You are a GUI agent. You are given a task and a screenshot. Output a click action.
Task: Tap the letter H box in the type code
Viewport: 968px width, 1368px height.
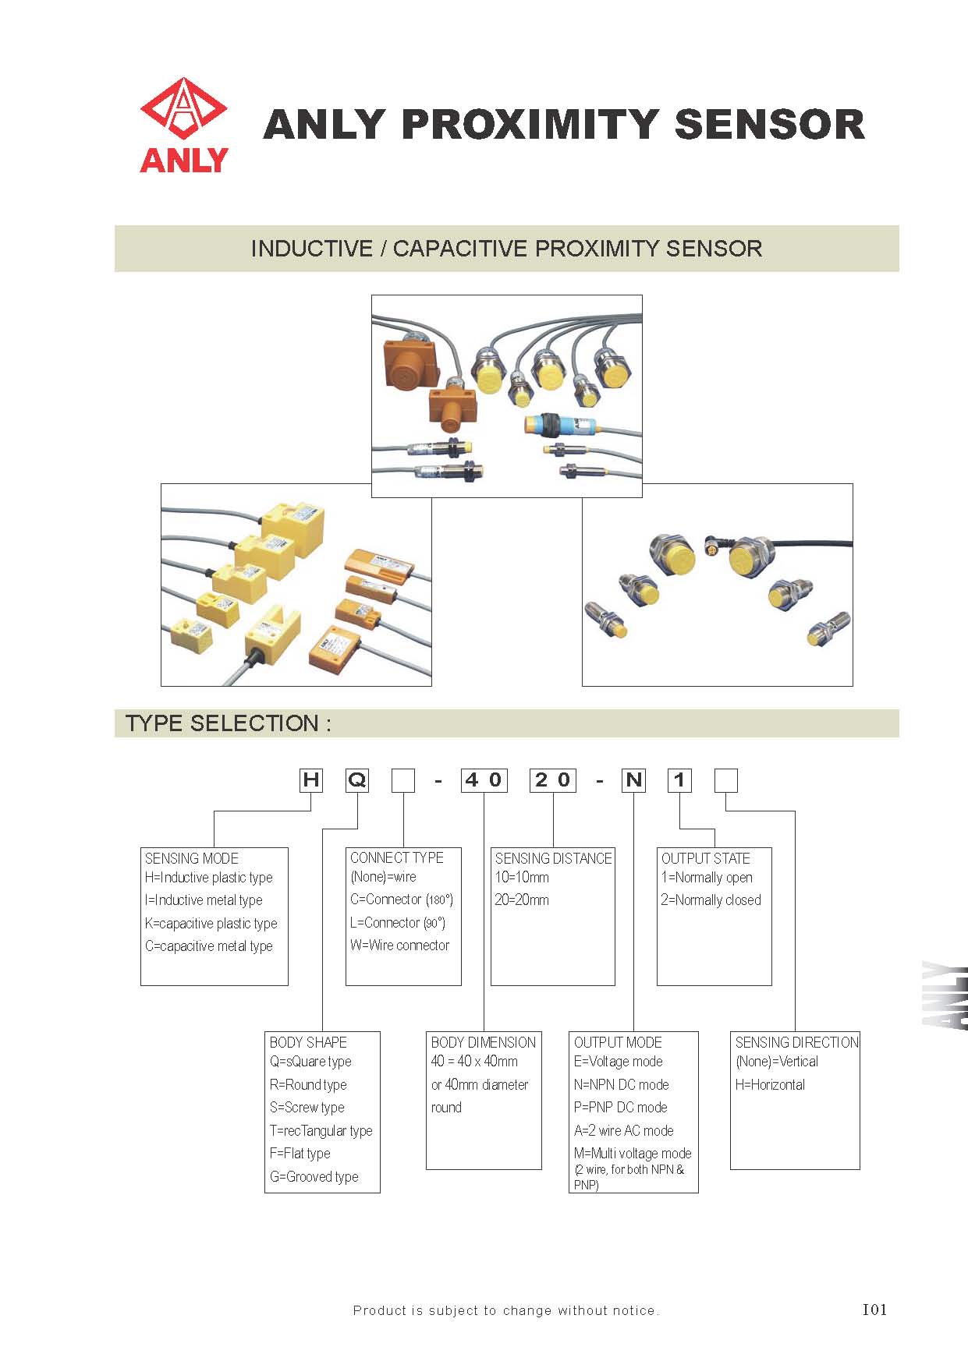[x=311, y=780]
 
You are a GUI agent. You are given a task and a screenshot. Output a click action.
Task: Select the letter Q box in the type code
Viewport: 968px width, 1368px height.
[x=357, y=780]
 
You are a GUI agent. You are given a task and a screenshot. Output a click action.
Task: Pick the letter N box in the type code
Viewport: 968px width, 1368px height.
[x=633, y=780]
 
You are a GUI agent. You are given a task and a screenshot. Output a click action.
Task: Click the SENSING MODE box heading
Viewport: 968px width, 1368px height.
[x=192, y=858]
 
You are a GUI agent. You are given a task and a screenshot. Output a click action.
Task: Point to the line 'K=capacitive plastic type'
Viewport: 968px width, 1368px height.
[x=211, y=924]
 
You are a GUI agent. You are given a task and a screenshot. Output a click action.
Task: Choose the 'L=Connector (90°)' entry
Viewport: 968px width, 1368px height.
[x=397, y=923]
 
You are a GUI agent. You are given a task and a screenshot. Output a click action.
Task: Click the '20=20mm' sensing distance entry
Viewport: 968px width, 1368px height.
[x=522, y=900]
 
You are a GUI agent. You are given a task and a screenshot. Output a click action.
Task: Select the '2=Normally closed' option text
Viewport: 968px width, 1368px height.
[x=711, y=900]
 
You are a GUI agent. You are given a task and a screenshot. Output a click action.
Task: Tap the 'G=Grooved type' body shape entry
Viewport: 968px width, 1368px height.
[x=314, y=1177]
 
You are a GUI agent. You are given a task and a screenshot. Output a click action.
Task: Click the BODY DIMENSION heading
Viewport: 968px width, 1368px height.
[x=483, y=1042]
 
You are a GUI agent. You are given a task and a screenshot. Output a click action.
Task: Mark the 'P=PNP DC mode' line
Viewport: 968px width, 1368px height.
[x=621, y=1108]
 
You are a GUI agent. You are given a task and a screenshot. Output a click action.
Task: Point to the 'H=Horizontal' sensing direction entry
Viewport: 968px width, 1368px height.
[x=770, y=1085]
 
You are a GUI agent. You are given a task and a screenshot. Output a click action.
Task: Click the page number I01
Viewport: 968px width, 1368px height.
[x=874, y=1310]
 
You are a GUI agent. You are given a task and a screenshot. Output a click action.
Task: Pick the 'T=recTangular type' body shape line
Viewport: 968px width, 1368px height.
[x=321, y=1131]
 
